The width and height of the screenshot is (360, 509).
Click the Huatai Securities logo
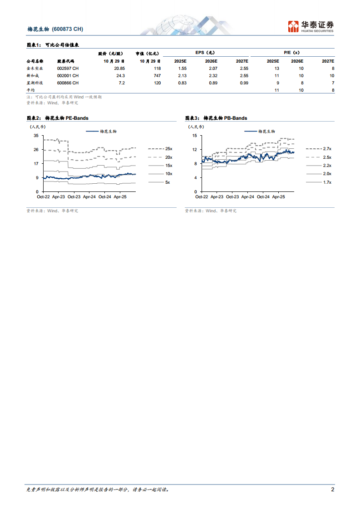pos(311,26)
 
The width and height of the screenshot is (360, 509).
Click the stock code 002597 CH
pos(68,68)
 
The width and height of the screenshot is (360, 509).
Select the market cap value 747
pos(157,75)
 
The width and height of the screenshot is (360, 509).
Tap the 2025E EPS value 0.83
pos(182,83)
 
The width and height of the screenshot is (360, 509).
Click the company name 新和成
pos(33,75)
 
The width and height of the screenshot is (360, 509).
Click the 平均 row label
pos(30,91)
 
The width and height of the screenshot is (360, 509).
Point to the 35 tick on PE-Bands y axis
pos(36,136)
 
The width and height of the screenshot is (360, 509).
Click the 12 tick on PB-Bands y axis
pos(194,150)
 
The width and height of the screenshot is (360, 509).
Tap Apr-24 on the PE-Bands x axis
pos(89,197)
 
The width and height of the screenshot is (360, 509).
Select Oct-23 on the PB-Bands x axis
pos(232,197)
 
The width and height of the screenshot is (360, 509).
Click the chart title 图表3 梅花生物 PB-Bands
pos(216,118)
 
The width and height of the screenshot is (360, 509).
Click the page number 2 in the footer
pos(333,489)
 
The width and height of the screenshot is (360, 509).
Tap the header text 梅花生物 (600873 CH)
pos(55,29)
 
